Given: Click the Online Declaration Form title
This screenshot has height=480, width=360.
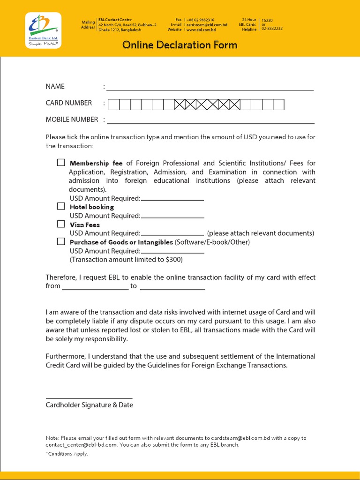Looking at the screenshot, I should [180, 45].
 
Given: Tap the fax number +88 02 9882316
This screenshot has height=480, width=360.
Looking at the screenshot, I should [200, 20].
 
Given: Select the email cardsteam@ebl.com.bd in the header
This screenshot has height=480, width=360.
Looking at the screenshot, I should [207, 25].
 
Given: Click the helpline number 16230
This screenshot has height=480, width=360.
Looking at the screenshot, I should [267, 21].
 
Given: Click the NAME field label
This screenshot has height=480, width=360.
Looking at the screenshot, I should [55, 86].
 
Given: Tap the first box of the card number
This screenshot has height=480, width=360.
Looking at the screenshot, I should [113, 105].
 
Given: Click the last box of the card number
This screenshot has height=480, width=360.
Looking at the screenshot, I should [278, 105].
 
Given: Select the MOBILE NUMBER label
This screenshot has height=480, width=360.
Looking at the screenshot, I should [72, 120].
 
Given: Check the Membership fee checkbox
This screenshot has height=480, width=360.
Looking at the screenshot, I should [61, 163].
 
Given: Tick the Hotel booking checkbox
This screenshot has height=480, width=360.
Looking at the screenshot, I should [61, 206].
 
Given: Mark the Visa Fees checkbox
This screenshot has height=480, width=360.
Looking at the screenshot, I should [61, 224].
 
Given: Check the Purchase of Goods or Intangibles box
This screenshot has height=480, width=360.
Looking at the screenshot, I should [61, 241].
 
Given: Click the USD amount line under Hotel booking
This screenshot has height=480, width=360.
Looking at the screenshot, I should [172, 217].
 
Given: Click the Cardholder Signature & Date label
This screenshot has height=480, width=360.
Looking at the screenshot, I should [89, 405].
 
